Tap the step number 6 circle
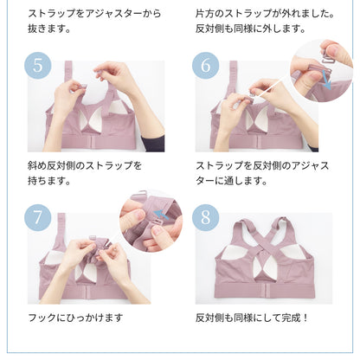(205, 67)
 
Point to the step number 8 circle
(205, 217)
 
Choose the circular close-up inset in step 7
(152, 219)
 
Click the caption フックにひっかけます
(75, 318)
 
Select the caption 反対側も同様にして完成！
(252, 318)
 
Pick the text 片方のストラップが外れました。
(263, 14)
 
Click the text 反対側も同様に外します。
(250, 29)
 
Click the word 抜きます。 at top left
(48, 29)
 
